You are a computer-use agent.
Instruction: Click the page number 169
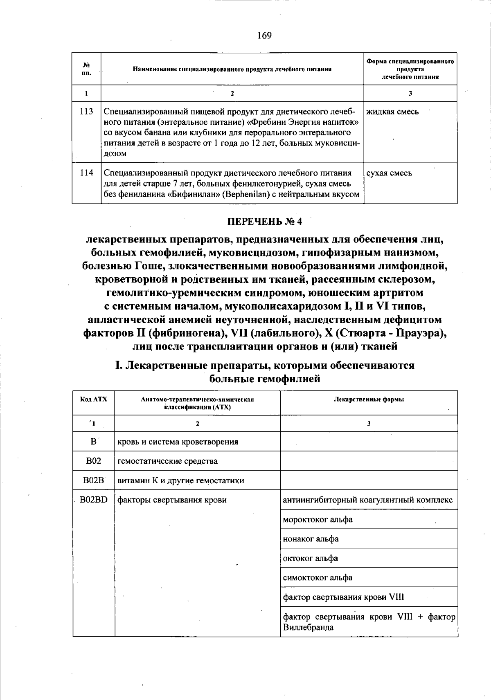pyautogui.click(x=264, y=36)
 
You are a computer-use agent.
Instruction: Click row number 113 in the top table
pyautogui.click(x=86, y=112)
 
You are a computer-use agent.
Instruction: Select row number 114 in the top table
pyautogui.click(x=86, y=173)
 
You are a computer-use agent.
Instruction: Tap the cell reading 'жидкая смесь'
pyautogui.click(x=392, y=112)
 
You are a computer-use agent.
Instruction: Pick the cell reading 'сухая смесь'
pyautogui.click(x=389, y=173)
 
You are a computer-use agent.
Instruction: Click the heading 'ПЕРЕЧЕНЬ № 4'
pyautogui.click(x=264, y=222)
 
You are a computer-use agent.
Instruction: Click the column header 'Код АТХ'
pyautogui.click(x=94, y=399)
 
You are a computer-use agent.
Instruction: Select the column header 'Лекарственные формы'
pyautogui.click(x=369, y=399)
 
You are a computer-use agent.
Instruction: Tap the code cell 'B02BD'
pyautogui.click(x=94, y=500)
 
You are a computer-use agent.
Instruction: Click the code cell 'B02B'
pyautogui.click(x=94, y=480)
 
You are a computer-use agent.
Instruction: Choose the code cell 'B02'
pyautogui.click(x=94, y=461)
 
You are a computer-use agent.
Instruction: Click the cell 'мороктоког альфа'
pyautogui.click(x=318, y=520)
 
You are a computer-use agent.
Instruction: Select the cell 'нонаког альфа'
pyautogui.click(x=311, y=539)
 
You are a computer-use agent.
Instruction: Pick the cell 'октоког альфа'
pyautogui.click(x=310, y=559)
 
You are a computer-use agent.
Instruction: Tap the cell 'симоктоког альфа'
pyautogui.click(x=318, y=578)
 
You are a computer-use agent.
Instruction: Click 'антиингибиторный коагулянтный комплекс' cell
pyautogui.click(x=367, y=500)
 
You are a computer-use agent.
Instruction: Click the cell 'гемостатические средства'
pyautogui.click(x=167, y=461)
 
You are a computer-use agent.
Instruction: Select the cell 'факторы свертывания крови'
pyautogui.click(x=172, y=500)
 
